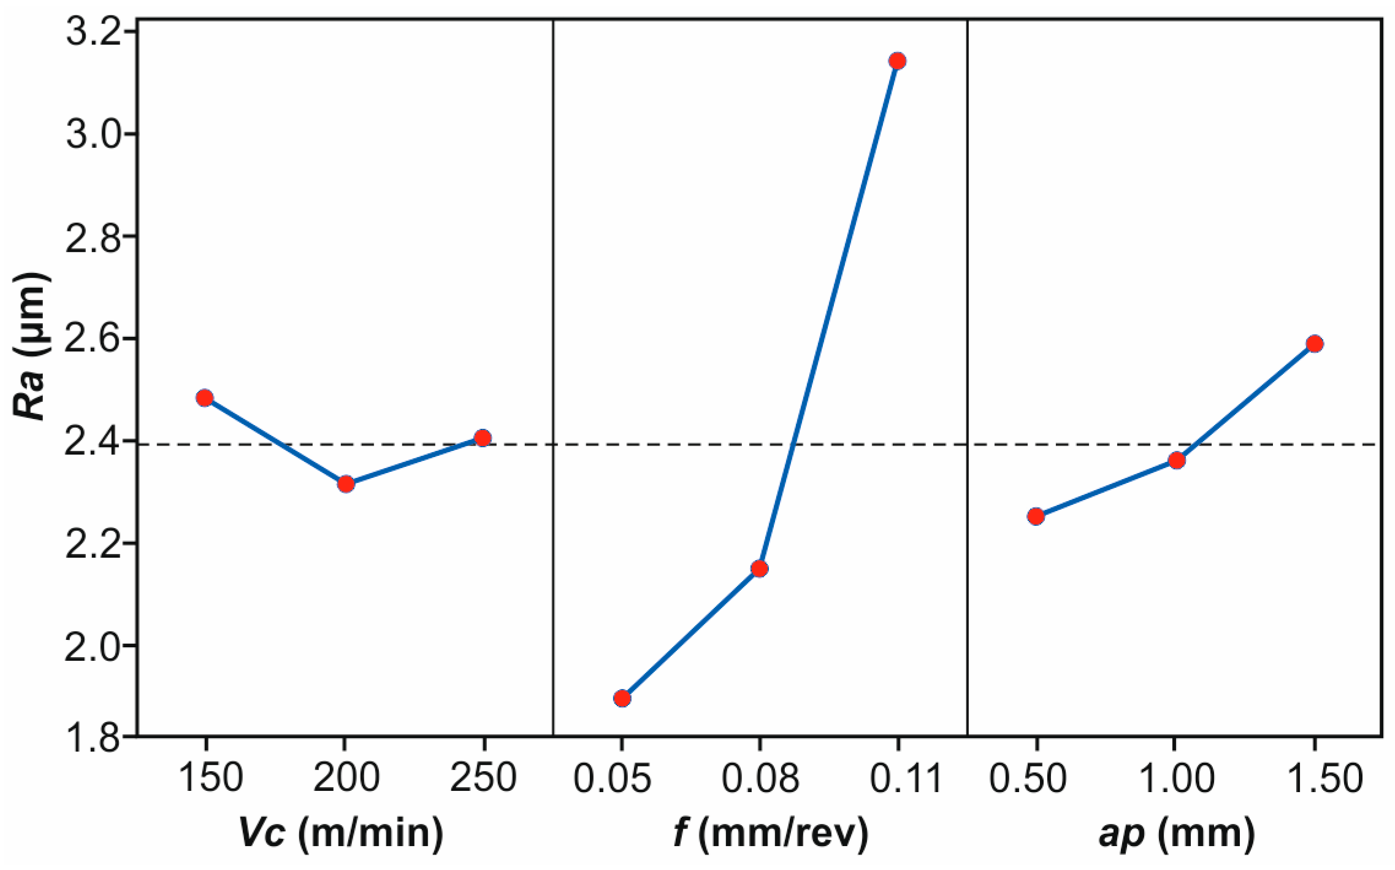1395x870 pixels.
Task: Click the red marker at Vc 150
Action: (x=205, y=398)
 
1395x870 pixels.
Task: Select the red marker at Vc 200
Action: (x=346, y=484)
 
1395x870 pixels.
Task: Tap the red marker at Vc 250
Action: (x=483, y=438)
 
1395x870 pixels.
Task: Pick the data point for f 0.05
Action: (x=622, y=698)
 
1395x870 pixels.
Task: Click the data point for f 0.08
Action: (x=759, y=569)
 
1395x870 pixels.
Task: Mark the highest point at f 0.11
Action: (x=898, y=61)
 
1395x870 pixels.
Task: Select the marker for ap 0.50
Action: (x=1036, y=516)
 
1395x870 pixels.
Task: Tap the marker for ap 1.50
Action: (x=1314, y=344)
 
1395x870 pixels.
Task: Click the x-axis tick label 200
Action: (x=346, y=778)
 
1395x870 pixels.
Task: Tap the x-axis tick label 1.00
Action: (x=1176, y=778)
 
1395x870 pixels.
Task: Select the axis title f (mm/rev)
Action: (x=771, y=833)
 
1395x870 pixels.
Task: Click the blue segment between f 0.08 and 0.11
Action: (x=828, y=315)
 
